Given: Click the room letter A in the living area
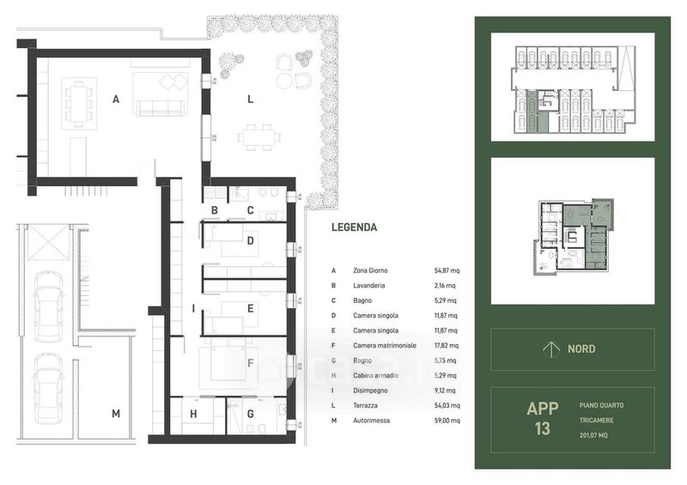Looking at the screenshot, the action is (116, 100).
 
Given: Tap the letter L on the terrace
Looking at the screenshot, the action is (250, 100).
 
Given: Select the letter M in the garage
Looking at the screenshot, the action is (116, 414).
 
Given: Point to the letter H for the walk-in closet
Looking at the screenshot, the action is (193, 414).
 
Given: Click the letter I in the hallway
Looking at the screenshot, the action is (193, 309).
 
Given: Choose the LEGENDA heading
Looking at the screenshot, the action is (354, 227).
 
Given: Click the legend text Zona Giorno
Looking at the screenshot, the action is (370, 270).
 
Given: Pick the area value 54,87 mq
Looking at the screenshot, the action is (447, 270).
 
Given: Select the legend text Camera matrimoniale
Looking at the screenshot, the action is (385, 346).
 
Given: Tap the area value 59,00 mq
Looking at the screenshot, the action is (447, 421).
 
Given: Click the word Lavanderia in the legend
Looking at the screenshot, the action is (369, 286).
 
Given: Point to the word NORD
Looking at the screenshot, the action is (581, 349).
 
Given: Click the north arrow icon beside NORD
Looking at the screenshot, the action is (550, 349).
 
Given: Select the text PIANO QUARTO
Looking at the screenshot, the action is (601, 406).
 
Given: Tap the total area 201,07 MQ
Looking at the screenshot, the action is (593, 435).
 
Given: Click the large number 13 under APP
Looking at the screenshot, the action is (542, 428).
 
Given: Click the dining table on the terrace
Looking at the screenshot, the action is (259, 137).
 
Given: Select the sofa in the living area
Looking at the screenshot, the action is (159, 108).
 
